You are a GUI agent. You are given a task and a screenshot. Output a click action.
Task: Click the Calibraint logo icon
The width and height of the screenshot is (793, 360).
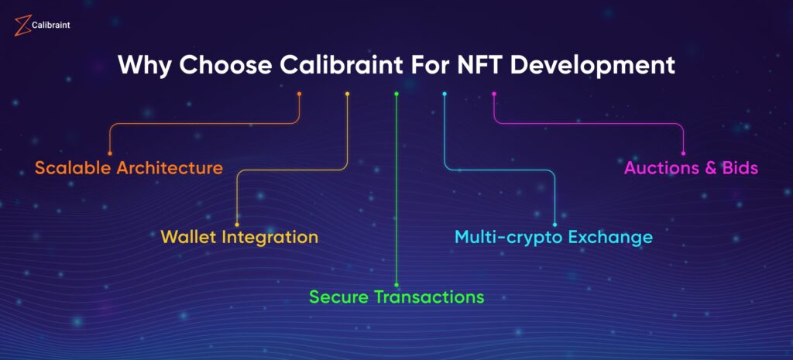(x=22, y=26)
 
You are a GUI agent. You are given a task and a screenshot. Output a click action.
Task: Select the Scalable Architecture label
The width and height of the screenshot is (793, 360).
(x=129, y=167)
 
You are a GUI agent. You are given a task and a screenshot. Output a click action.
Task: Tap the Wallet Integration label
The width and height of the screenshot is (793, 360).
(x=239, y=237)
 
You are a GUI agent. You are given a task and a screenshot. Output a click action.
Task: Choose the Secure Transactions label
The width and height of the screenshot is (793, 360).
(x=396, y=297)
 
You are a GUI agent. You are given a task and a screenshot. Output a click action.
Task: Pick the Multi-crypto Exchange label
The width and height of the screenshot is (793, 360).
(x=553, y=237)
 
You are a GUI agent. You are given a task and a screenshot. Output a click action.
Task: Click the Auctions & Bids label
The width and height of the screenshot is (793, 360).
(x=691, y=167)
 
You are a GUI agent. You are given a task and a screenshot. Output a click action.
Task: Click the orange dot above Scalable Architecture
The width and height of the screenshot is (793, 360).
(x=110, y=153)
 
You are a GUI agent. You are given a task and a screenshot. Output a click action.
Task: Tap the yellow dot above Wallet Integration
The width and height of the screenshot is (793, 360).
(x=237, y=225)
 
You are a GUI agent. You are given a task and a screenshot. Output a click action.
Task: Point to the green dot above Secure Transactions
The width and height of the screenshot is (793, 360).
(x=396, y=285)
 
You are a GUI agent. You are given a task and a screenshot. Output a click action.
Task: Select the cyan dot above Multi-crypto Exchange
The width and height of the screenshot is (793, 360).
(x=554, y=225)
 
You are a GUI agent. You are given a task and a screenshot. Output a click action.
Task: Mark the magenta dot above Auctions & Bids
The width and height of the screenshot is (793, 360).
(x=683, y=153)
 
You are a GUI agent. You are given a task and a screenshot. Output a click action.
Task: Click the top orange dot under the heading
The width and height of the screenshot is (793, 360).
(x=300, y=94)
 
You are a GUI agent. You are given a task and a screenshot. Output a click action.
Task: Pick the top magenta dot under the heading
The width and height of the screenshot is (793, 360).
(x=494, y=94)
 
